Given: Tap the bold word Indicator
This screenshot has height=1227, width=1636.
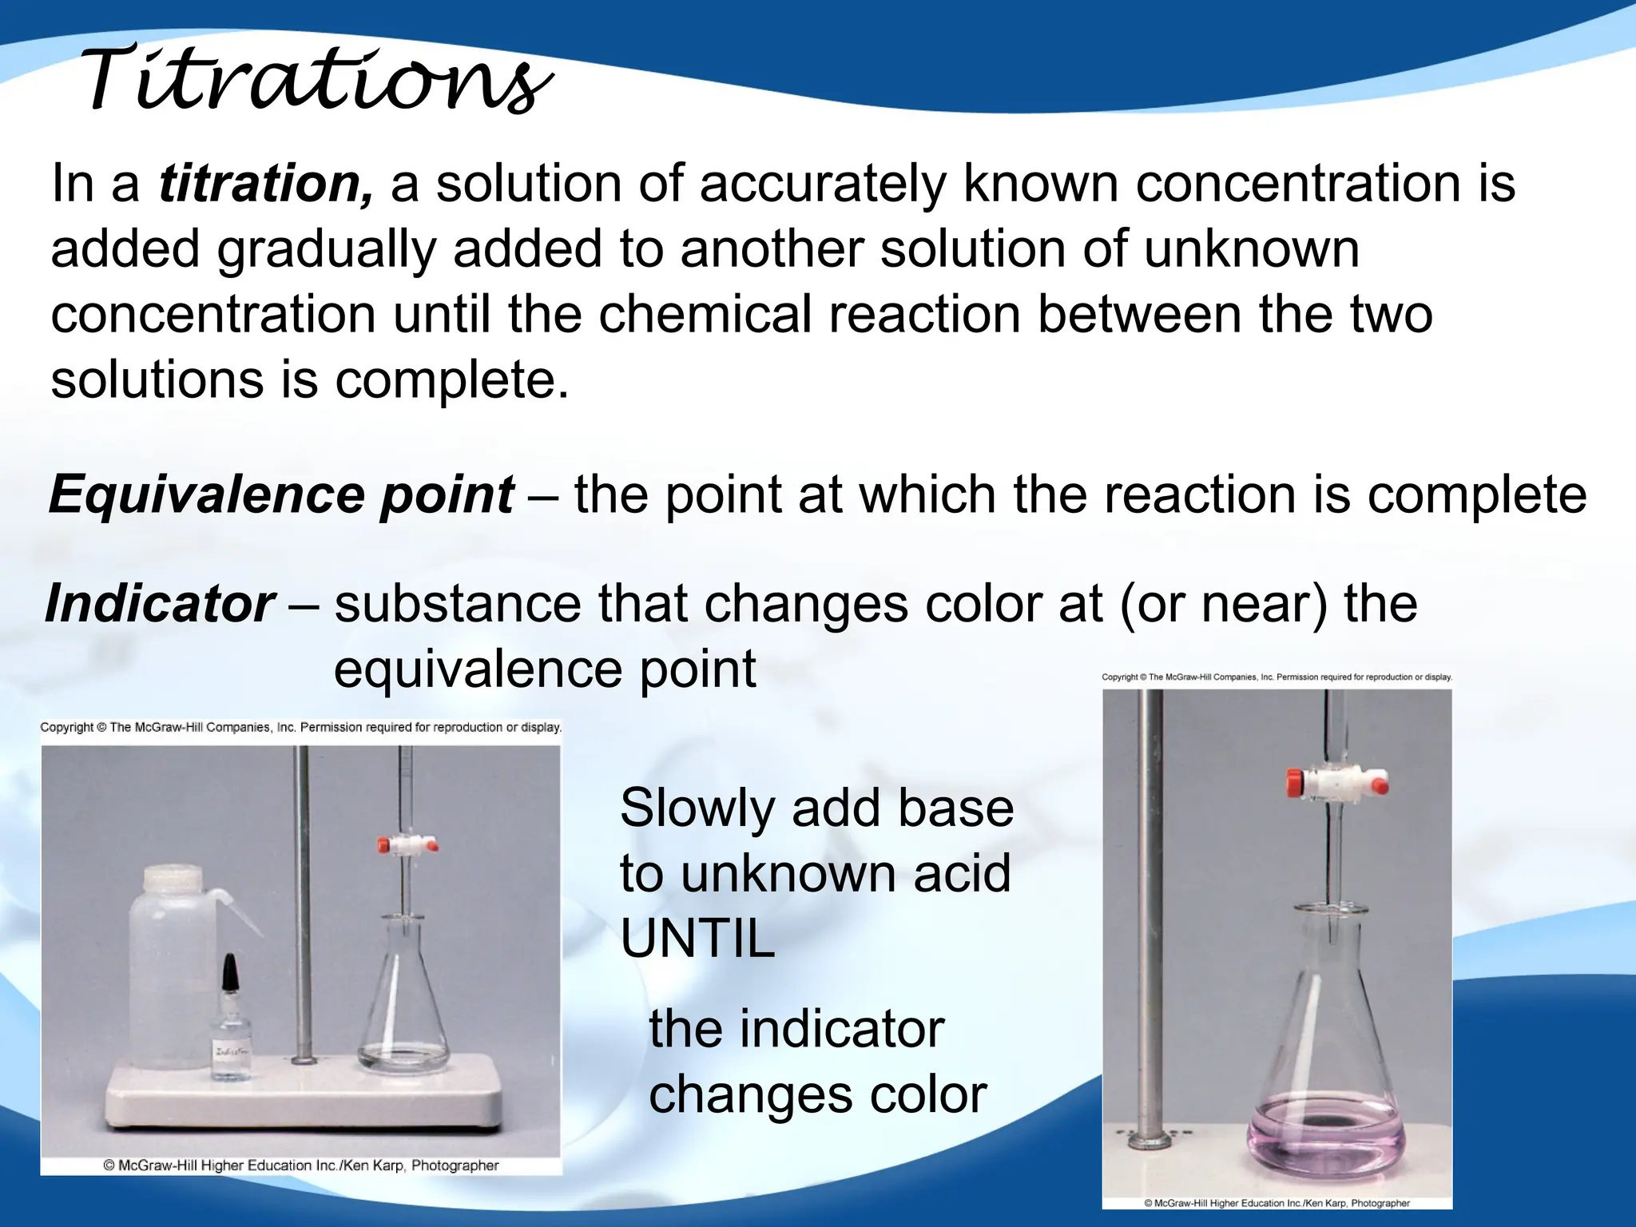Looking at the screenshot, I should coord(161,604).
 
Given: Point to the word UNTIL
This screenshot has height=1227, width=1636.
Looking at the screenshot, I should coord(697,939).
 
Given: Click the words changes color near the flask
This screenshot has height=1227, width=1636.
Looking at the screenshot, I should coord(817,1094).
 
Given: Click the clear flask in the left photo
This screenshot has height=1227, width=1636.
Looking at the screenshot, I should coord(403,1007).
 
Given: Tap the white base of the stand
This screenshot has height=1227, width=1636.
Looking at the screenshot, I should coord(304,1094).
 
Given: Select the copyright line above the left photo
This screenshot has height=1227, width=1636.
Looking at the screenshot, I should coord(300,728).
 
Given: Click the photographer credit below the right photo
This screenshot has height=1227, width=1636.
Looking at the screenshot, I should coord(1277,1203).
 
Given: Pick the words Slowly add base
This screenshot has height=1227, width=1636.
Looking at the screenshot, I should coord(816,808).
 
